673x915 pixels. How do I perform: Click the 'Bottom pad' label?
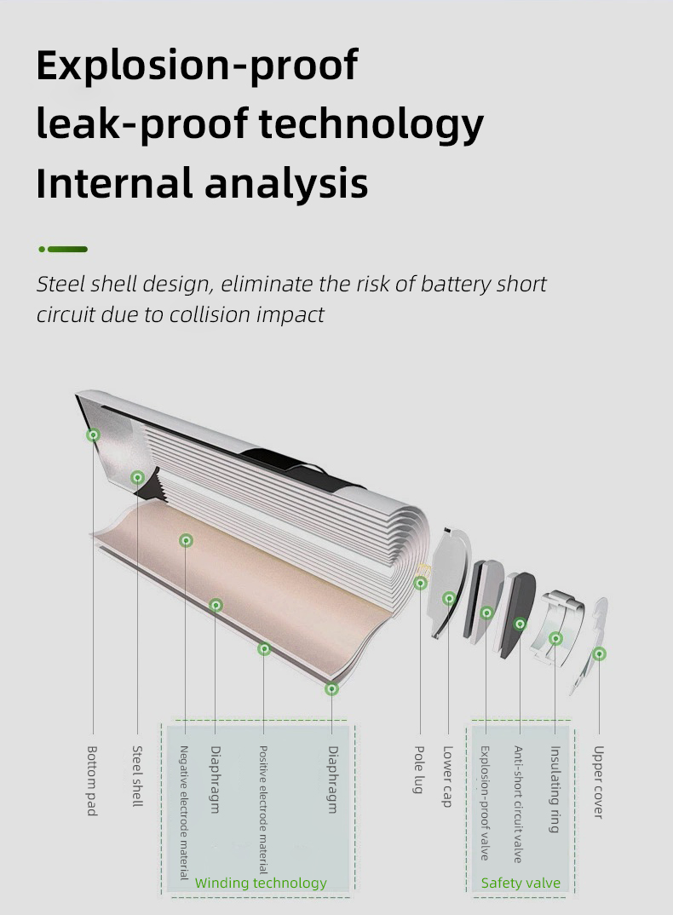click(x=92, y=780)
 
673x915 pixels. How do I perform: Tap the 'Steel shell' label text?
click(x=137, y=776)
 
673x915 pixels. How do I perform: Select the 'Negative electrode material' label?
click(x=184, y=812)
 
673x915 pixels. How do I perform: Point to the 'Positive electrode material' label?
click(x=263, y=809)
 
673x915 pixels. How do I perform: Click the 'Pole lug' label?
click(x=419, y=769)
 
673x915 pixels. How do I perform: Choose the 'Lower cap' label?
click(x=448, y=776)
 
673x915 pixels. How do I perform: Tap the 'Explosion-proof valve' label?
click(x=485, y=803)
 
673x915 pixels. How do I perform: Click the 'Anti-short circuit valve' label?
click(x=518, y=804)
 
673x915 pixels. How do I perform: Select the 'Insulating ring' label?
click(x=555, y=789)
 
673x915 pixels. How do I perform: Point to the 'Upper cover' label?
click(x=598, y=782)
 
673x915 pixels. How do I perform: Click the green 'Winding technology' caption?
click(x=261, y=883)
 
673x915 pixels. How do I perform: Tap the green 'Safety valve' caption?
click(x=521, y=883)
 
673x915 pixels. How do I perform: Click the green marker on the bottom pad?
click(x=93, y=434)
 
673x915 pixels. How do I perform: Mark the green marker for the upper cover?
click(x=599, y=654)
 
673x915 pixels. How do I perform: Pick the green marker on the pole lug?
click(x=420, y=583)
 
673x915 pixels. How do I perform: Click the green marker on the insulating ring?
click(x=555, y=638)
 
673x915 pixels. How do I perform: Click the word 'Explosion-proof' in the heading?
click(x=198, y=66)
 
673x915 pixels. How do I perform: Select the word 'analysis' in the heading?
click(x=286, y=183)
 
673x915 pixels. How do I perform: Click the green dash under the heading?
click(x=63, y=249)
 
